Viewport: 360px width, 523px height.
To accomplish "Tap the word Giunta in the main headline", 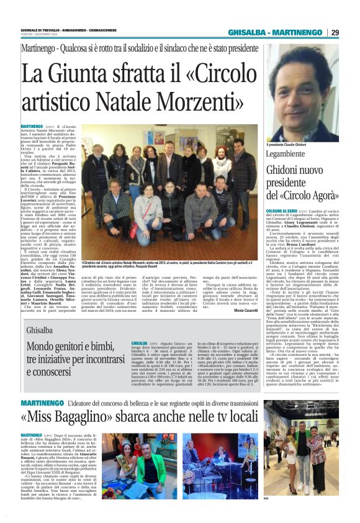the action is coord(84,75).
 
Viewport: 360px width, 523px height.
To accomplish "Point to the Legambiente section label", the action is coord(287,153).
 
